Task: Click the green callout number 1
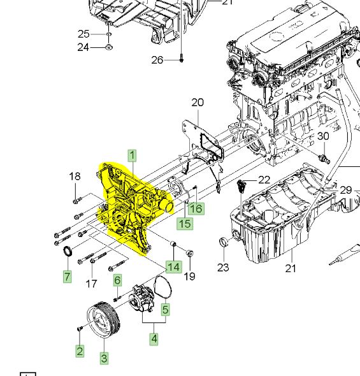click(x=133, y=155)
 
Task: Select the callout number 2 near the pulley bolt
click(x=80, y=351)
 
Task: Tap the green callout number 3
click(x=104, y=358)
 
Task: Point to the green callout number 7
click(x=67, y=277)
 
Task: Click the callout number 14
click(x=173, y=266)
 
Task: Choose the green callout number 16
click(x=196, y=208)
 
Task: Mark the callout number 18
click(x=75, y=177)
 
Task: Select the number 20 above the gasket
click(x=198, y=102)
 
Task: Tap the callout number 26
click(x=157, y=60)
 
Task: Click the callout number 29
click(x=345, y=190)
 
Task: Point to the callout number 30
click(x=323, y=136)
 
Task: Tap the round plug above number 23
click(x=223, y=242)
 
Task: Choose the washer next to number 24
click(x=109, y=47)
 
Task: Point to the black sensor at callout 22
click(x=241, y=185)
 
